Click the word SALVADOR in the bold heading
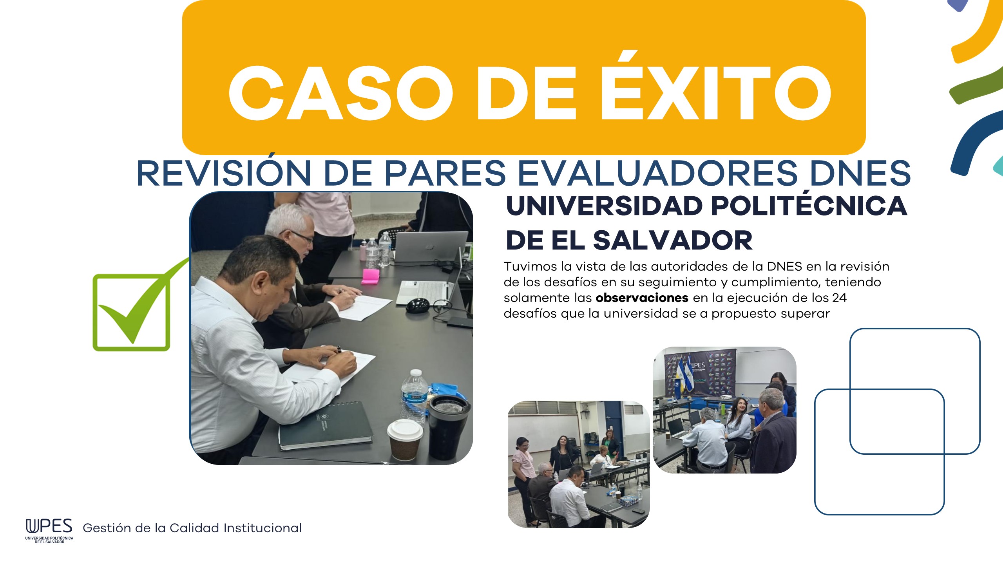pyautogui.click(x=672, y=240)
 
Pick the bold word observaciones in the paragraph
pyautogui.click(x=642, y=298)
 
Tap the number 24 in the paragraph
pyautogui.click(x=839, y=298)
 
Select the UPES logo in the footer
pyautogui.click(x=49, y=531)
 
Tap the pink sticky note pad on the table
pyautogui.click(x=370, y=276)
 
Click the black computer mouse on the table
pyautogui.click(x=418, y=305)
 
